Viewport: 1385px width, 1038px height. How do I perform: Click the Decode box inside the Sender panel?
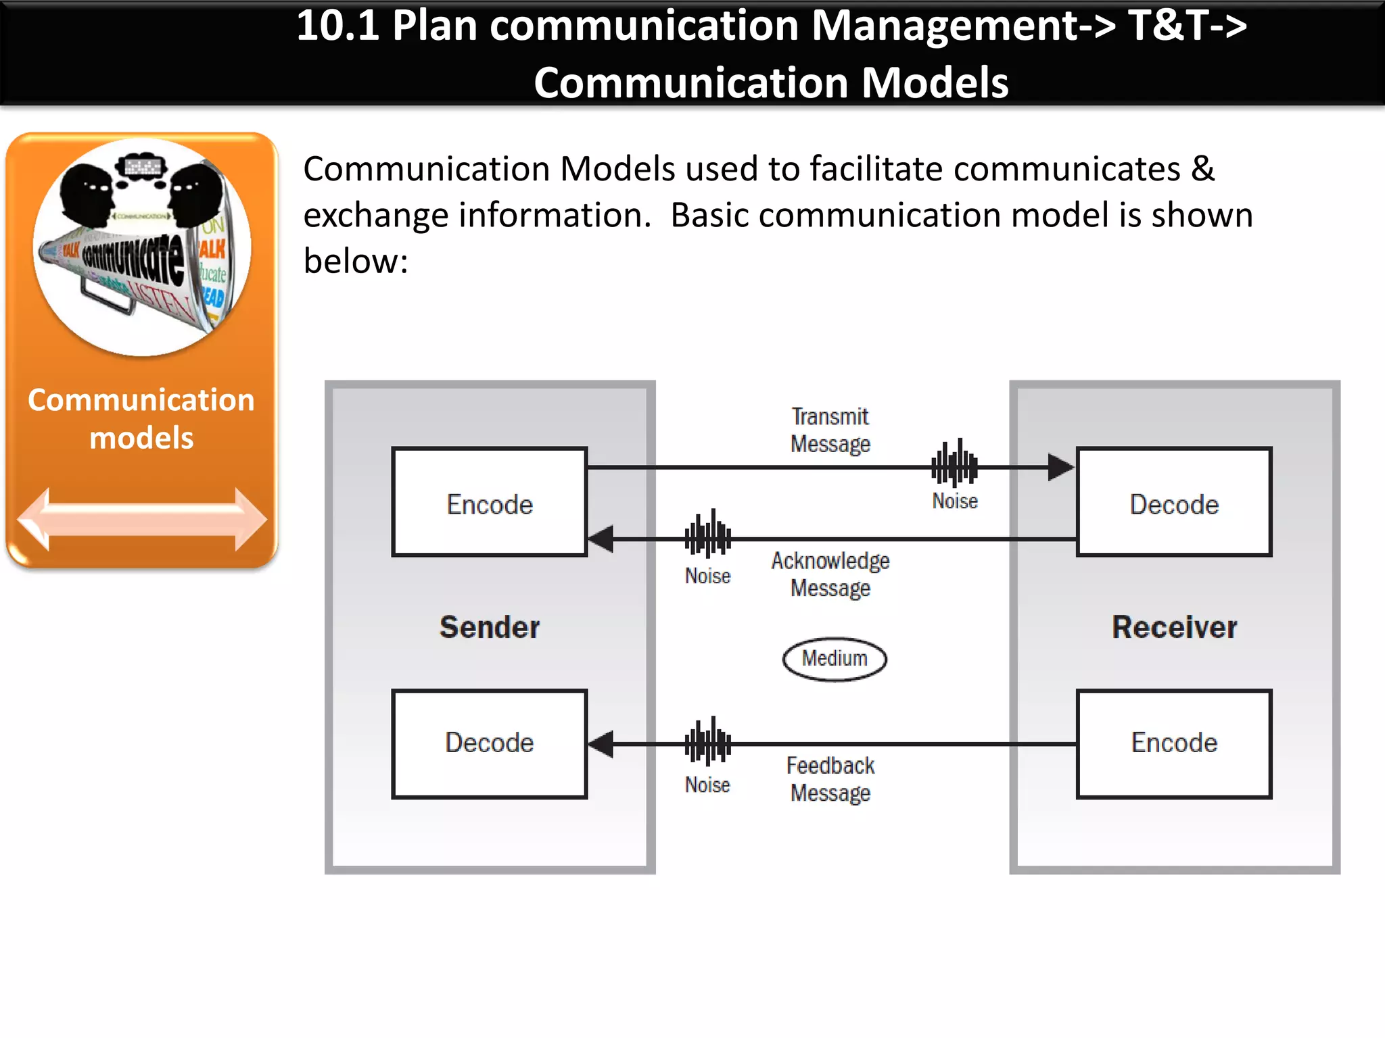tap(489, 743)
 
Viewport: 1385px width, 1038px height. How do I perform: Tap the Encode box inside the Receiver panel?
tap(1174, 743)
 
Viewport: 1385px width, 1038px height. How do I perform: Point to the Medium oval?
tap(835, 659)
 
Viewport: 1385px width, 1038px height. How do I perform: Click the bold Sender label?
tap(490, 627)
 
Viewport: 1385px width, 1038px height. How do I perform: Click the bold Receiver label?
tap(1175, 627)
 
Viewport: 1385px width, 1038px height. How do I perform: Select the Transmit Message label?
tap(830, 430)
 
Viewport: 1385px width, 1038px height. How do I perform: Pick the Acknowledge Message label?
tap(830, 574)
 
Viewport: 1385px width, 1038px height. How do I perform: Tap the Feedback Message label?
tap(830, 779)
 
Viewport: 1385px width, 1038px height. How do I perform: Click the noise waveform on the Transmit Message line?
tap(954, 464)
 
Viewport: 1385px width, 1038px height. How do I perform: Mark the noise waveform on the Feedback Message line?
tap(708, 742)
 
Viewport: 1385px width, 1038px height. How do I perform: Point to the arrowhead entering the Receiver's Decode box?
tap(1060, 467)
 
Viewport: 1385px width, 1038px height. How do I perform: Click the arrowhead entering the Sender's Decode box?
tap(601, 744)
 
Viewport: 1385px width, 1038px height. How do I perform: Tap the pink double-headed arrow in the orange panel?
tap(142, 520)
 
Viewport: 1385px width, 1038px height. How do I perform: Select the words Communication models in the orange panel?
tap(141, 419)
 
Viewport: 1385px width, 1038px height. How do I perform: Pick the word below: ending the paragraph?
tap(356, 262)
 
